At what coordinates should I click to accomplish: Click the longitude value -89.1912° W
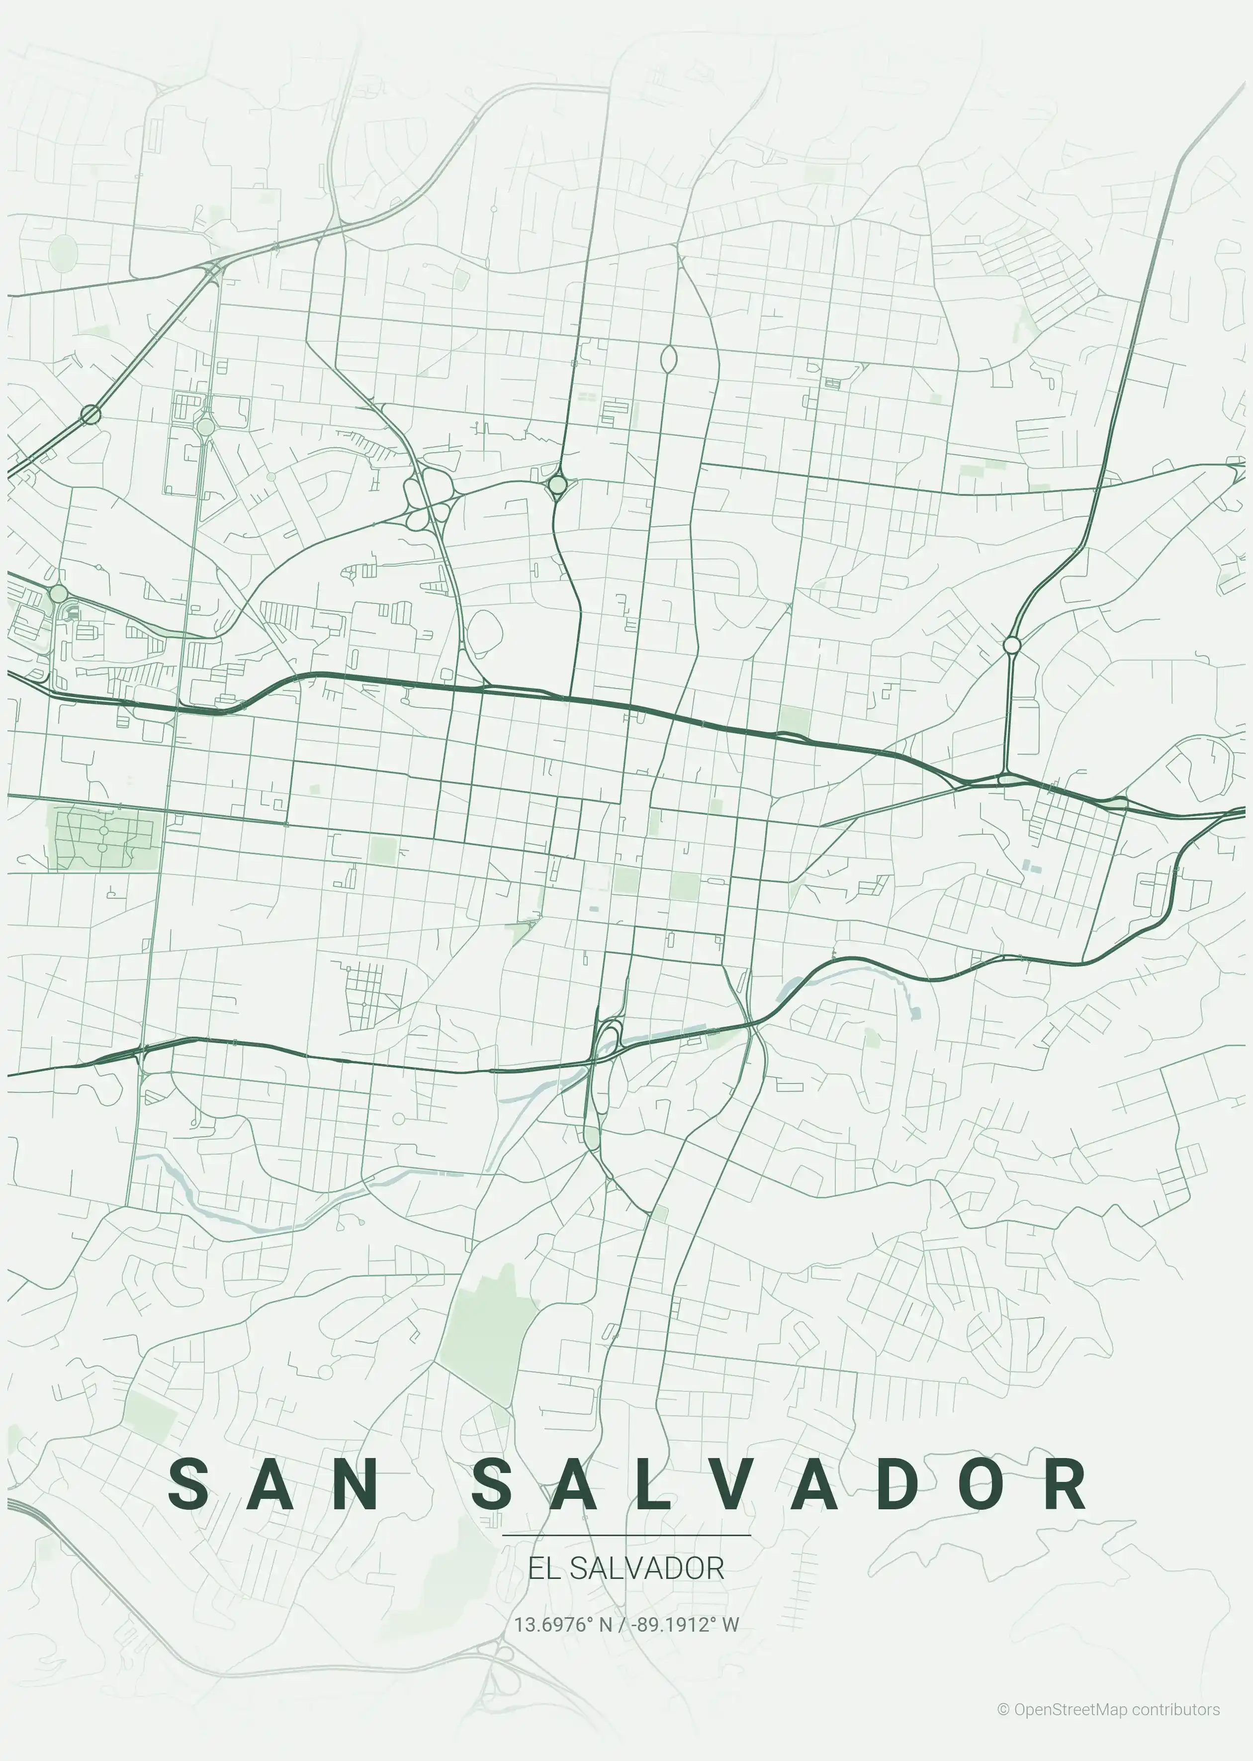pos(684,1624)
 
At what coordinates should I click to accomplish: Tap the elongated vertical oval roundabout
pos(669,359)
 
